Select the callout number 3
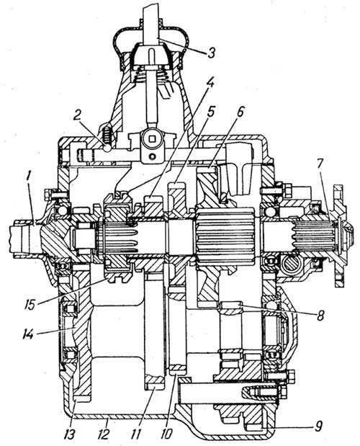pos(211,52)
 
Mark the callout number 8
pos(320,315)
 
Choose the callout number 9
pos(319,426)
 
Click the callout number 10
pos(166,434)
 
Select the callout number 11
pos(137,434)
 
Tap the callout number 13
pos(69,434)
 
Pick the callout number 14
pos(29,334)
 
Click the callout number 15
pos(30,304)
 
